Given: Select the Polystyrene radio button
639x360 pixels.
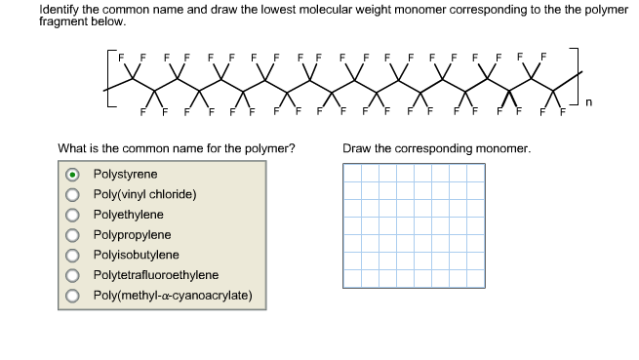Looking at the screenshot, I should (x=73, y=174).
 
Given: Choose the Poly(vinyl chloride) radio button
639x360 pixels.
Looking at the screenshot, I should (x=73, y=194).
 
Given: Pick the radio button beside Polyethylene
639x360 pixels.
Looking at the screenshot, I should (x=73, y=215).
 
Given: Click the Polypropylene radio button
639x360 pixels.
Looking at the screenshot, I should (x=73, y=235).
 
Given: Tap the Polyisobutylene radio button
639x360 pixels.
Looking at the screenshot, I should (x=73, y=255).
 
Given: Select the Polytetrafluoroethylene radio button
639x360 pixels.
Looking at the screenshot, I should (x=73, y=275).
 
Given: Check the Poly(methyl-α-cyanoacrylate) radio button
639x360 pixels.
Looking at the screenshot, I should (x=73, y=296).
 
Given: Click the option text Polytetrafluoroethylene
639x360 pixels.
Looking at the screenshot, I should (x=155, y=275).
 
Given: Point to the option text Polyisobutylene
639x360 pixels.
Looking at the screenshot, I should (x=136, y=255).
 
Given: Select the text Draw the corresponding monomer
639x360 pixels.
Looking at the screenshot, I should (x=436, y=149).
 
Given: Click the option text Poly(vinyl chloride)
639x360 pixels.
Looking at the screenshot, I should (x=144, y=194).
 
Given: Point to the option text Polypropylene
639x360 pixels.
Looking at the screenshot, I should (x=132, y=235).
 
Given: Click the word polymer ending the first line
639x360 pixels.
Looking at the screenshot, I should (x=604, y=10).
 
